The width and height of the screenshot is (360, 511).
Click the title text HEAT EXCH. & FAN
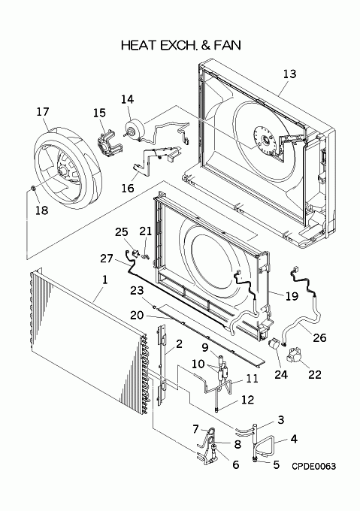click(181, 45)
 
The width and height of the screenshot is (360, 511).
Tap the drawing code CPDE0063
click(313, 467)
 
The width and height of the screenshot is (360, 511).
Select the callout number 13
click(289, 74)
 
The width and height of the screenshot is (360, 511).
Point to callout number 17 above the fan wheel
click(43, 112)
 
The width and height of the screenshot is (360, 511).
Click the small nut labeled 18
click(32, 188)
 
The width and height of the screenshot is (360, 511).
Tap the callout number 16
click(128, 188)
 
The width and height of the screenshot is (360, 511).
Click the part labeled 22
click(295, 358)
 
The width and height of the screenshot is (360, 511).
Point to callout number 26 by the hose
click(319, 337)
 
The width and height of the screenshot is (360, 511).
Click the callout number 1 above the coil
click(105, 280)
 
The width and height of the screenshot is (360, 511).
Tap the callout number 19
click(292, 296)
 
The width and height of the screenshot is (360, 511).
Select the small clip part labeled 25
click(135, 253)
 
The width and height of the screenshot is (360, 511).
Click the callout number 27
click(107, 259)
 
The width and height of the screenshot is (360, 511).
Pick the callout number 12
click(247, 400)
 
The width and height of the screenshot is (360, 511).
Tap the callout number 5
click(277, 464)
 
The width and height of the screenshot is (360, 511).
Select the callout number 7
click(195, 429)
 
